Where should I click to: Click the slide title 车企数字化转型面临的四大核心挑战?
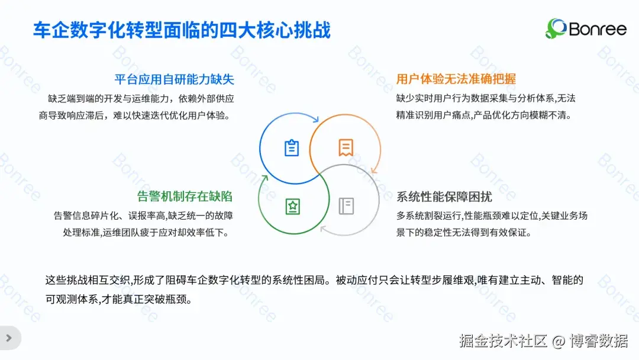click(181, 31)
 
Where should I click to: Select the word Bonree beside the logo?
click(597, 29)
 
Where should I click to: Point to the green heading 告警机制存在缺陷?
click(185, 196)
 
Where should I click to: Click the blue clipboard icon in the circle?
click(292, 148)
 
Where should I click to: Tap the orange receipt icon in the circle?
click(346, 147)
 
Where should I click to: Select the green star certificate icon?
click(292, 206)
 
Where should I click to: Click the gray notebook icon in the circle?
click(346, 206)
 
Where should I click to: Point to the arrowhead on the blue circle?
click(314, 121)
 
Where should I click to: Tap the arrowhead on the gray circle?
click(323, 229)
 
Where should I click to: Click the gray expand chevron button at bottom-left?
click(9, 338)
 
